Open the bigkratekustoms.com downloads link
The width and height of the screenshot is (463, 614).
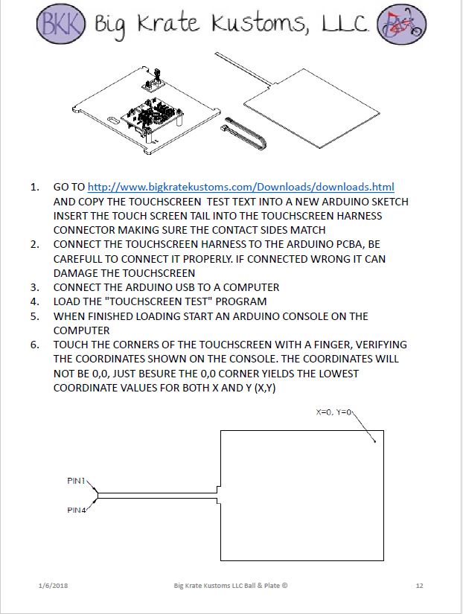240,187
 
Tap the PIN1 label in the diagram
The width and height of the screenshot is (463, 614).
77,481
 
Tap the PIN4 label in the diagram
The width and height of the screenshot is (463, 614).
77,510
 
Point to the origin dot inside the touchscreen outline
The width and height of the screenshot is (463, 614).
374,441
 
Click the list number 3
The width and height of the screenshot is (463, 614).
34,287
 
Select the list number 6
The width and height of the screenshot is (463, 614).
34,345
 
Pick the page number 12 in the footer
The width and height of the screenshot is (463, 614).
420,586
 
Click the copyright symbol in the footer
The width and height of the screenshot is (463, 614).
284,586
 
